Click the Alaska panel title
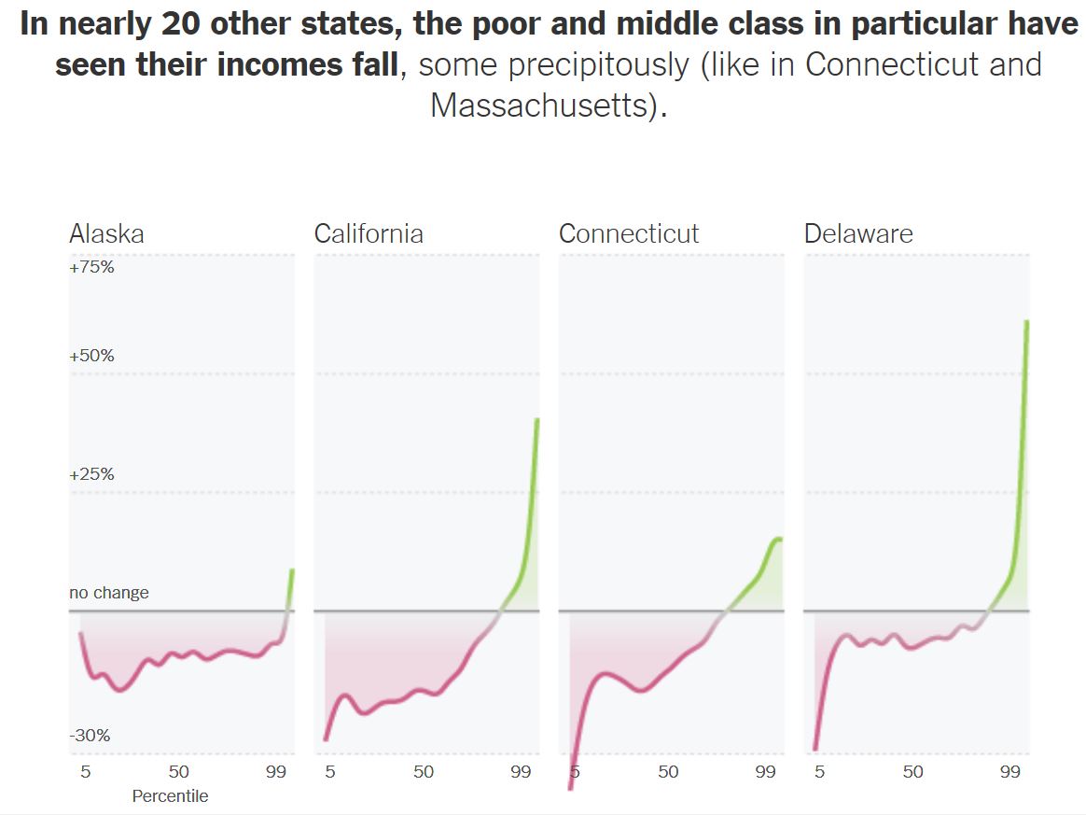click(x=106, y=233)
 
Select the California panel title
click(x=369, y=233)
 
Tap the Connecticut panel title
click(x=629, y=233)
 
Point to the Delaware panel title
click(x=858, y=233)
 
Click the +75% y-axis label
click(x=91, y=267)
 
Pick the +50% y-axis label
click(x=91, y=356)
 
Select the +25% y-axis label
click(x=91, y=474)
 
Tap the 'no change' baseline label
click(x=108, y=593)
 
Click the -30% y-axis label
click(x=90, y=736)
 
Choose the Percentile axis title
click(x=170, y=796)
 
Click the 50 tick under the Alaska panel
click(x=178, y=772)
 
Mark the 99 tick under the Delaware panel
click(x=1009, y=772)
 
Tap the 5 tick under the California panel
click(x=330, y=772)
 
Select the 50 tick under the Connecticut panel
click(x=668, y=772)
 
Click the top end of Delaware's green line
click(x=1027, y=322)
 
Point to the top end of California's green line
click(x=537, y=420)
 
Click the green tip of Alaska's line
click(x=292, y=570)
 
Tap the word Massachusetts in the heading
click(x=546, y=105)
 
